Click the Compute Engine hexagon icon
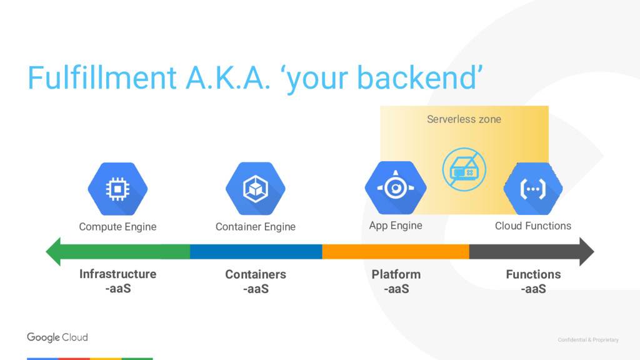[117, 188]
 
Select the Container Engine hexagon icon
[255, 188]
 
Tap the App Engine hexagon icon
[395, 187]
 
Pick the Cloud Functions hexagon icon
[533, 187]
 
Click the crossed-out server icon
[464, 168]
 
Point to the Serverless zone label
[464, 119]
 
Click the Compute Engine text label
[117, 226]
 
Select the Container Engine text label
[255, 226]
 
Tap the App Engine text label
[396, 225]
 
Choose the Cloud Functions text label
[533, 226]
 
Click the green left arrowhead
[55, 251]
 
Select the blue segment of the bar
[256, 251]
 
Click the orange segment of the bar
[395, 251]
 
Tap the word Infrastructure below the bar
[117, 274]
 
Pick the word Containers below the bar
[256, 274]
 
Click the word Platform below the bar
[396, 274]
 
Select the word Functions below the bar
[533, 274]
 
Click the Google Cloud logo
[57, 337]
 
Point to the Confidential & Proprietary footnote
[588, 340]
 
